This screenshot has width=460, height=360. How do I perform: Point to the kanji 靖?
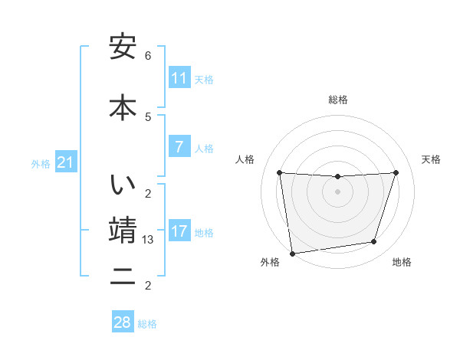click(123, 230)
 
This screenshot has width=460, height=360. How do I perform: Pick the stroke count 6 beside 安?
click(148, 56)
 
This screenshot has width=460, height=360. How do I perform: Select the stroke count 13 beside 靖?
click(149, 240)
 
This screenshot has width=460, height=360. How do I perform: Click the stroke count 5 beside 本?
click(148, 116)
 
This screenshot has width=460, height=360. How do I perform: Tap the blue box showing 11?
click(179, 78)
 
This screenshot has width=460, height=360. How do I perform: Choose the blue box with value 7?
click(179, 147)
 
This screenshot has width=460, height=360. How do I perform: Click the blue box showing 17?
click(179, 231)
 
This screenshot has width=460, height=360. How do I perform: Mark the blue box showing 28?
click(123, 322)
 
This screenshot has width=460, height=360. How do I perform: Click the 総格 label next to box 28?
click(148, 324)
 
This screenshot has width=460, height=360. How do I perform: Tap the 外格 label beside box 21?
click(41, 164)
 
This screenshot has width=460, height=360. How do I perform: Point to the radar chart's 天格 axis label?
click(432, 159)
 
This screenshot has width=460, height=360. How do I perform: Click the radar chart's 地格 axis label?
click(402, 262)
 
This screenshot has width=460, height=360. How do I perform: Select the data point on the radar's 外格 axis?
click(292, 253)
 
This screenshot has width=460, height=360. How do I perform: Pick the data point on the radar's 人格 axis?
click(279, 172)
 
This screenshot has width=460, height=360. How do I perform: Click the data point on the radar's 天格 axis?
click(396, 172)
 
